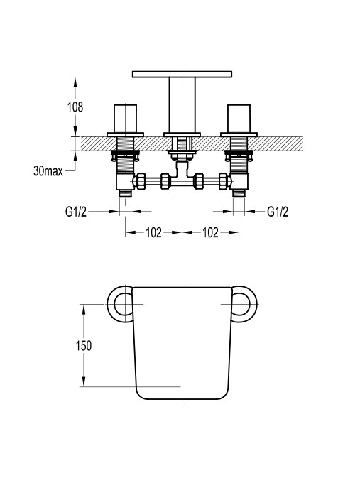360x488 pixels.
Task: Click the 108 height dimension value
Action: point(75,107)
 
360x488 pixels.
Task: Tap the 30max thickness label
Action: point(48,171)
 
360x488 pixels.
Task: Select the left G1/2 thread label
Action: point(76,212)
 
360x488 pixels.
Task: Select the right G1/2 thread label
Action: point(278,212)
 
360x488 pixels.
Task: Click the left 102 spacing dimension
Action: point(153,232)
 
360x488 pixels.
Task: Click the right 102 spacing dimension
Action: point(210,232)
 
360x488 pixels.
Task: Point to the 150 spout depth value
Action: point(84,345)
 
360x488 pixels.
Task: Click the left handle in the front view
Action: point(126,119)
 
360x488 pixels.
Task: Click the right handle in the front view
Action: point(239,119)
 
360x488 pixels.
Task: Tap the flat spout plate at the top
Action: point(182,74)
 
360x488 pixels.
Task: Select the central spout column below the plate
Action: point(182,105)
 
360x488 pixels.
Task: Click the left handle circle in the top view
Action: point(120,304)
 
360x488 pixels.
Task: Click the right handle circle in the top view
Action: point(244,304)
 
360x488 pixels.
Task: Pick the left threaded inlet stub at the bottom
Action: point(126,194)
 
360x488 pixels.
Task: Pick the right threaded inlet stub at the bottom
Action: point(239,194)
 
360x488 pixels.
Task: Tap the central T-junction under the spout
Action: point(182,174)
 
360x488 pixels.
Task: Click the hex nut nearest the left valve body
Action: point(141,181)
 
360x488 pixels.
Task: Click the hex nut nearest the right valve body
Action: point(224,181)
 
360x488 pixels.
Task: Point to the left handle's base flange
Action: point(126,135)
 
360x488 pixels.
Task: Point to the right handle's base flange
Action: point(239,135)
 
